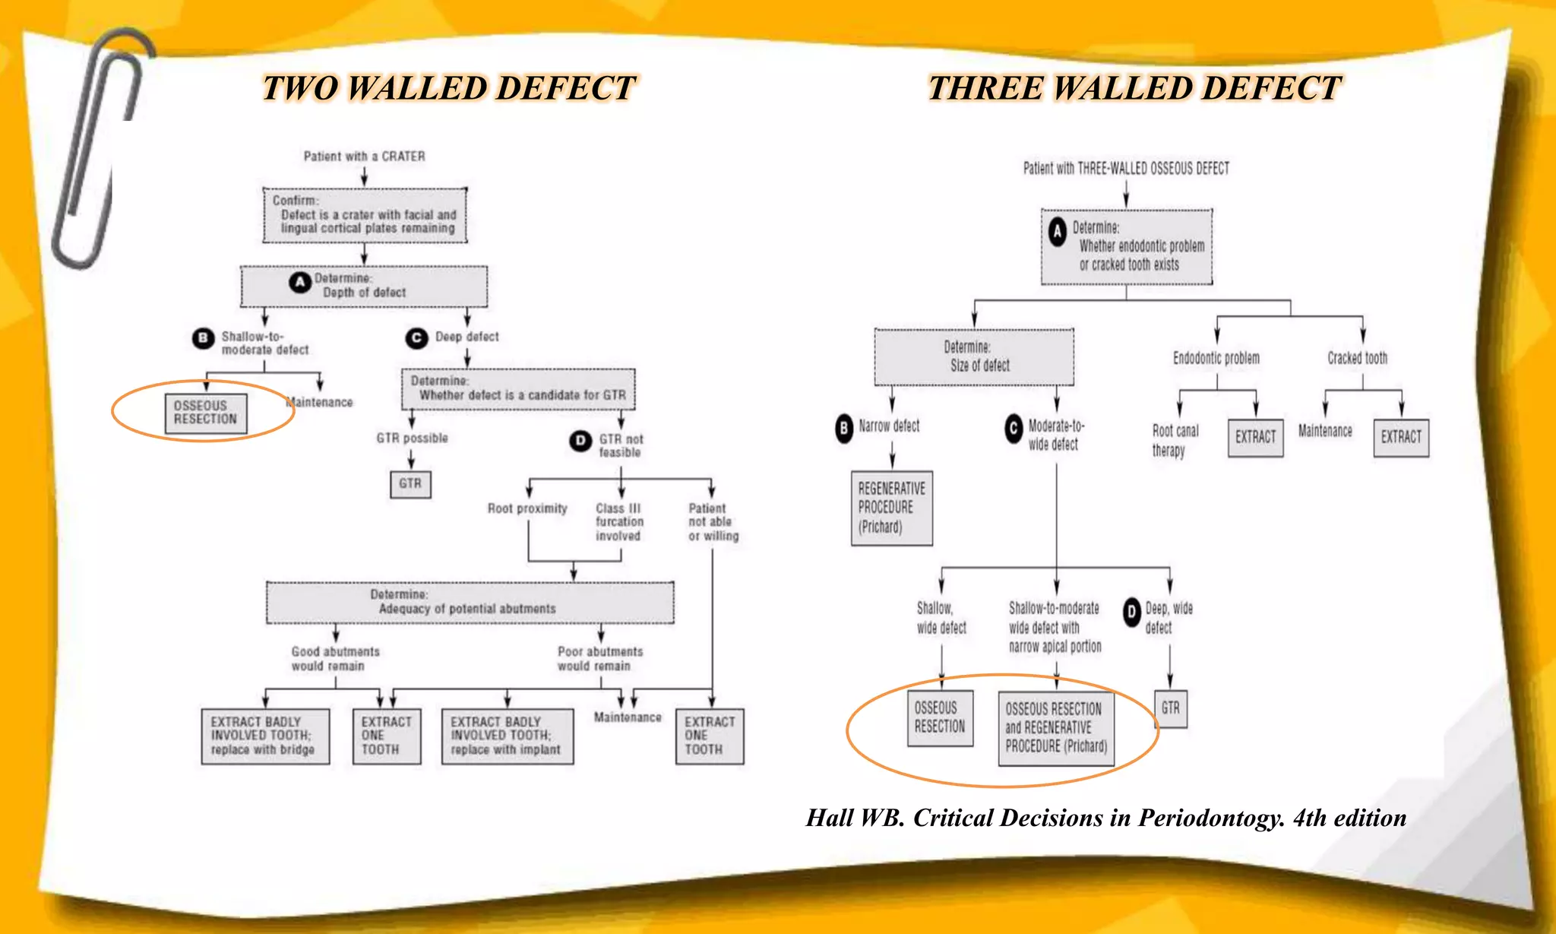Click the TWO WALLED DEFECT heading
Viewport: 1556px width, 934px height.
448,88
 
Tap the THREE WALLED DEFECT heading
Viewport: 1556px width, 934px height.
1134,88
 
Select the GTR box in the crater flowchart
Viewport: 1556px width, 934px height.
410,484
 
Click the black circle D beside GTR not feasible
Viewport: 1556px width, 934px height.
580,440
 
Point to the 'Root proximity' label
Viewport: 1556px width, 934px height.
527,508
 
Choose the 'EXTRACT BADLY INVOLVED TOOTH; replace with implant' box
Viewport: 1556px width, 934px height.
507,736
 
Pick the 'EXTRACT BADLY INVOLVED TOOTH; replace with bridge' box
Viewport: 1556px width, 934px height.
265,736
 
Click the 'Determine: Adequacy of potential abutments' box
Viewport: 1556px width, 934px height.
470,602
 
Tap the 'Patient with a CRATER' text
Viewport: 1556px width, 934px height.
364,157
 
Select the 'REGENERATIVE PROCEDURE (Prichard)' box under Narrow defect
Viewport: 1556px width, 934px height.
891,508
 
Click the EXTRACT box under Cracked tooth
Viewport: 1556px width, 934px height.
1401,437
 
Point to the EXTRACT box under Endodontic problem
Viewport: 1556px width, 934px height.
1255,437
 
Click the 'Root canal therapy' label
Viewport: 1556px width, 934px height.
1175,440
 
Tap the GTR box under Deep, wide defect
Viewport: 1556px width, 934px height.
1170,708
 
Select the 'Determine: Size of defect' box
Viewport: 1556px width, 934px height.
974,356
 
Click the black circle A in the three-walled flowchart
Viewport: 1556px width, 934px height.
1058,232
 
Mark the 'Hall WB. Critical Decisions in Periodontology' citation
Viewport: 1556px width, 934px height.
1105,818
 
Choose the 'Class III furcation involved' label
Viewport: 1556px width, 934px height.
619,522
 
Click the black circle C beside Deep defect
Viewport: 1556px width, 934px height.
416,337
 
